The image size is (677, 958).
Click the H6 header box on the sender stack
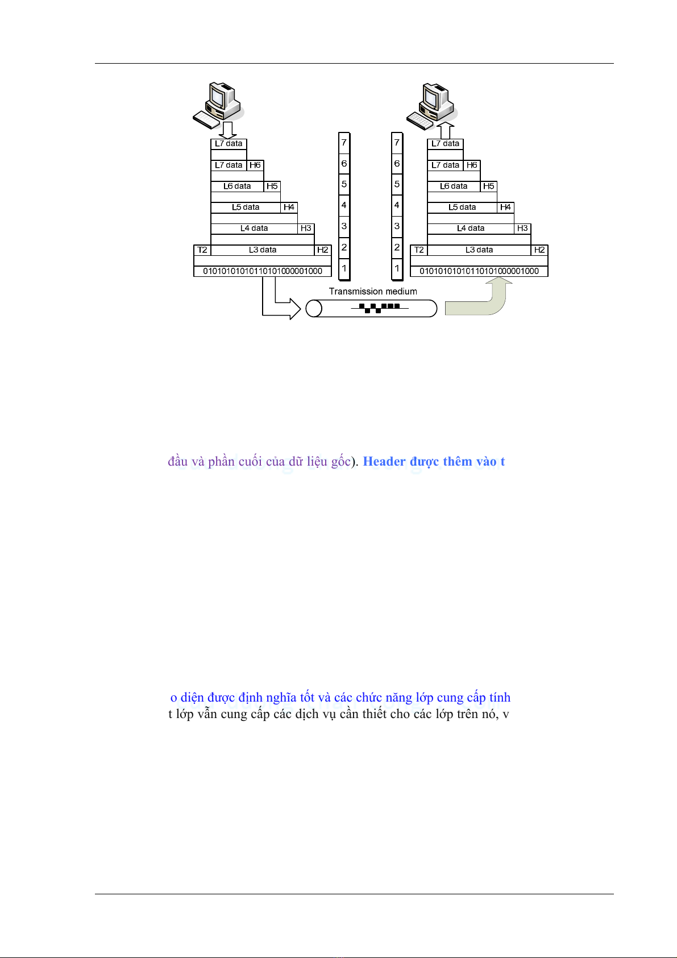pyautogui.click(x=255, y=165)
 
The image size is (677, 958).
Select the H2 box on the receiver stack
pyautogui.click(x=539, y=250)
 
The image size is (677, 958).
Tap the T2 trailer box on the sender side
pyautogui.click(x=202, y=250)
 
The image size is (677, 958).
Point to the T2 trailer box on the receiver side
pyautogui.click(x=419, y=250)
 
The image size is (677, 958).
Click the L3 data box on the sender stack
pyautogui.click(x=263, y=250)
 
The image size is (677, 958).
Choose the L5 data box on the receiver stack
pyautogui.click(x=462, y=208)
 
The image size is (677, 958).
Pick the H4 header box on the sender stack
pyautogui.click(x=289, y=208)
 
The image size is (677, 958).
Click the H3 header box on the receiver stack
pyautogui.click(x=522, y=229)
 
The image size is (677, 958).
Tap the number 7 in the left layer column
pyautogui.click(x=344, y=143)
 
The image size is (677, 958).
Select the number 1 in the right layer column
pyautogui.click(x=397, y=268)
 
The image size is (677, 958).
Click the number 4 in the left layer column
pyautogui.click(x=344, y=205)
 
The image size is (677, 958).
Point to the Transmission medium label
pyautogui.click(x=373, y=292)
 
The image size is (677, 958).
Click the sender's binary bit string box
pyautogui.click(x=263, y=271)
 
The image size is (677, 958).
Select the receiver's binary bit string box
pyautogui.click(x=479, y=271)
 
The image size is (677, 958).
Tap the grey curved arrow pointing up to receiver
pyautogui.click(x=483, y=301)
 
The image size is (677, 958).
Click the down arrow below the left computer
pyautogui.click(x=228, y=130)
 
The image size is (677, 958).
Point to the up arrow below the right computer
pyautogui.click(x=446, y=131)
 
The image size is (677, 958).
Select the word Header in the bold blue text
pyautogui.click(x=384, y=462)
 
